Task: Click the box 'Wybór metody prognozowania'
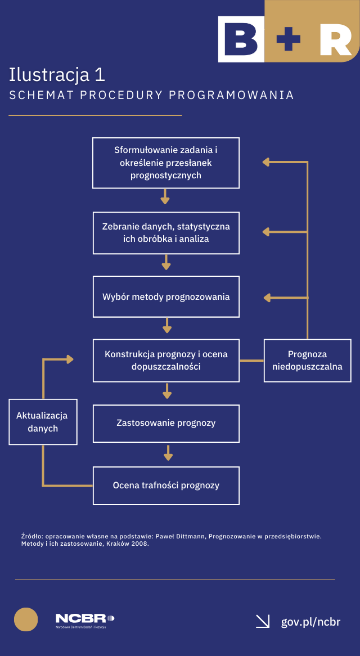pos(166,296)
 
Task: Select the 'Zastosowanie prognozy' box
pos(166,423)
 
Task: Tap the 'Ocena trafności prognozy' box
pos(166,485)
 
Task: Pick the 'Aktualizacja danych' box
pos(43,422)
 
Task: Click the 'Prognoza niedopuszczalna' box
pos(307,360)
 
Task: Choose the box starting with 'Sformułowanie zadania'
pos(166,163)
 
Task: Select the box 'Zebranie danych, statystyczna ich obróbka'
pos(166,233)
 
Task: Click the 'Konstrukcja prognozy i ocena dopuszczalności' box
pos(166,360)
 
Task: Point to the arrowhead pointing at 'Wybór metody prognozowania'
pos(267,297)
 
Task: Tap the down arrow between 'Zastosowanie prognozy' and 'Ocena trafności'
pos(168,453)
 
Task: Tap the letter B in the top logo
pos(241,39)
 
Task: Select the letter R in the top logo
pos(335,39)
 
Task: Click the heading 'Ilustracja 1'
pos(57,75)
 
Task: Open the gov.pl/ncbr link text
pos(310,622)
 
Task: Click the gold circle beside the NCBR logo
pos(26,619)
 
